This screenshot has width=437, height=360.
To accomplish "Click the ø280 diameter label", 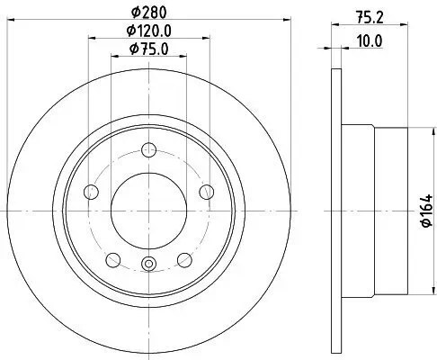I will coord(148,13).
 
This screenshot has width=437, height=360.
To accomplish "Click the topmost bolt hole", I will coord(149,151).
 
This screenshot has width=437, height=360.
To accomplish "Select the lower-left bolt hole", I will coord(113,259).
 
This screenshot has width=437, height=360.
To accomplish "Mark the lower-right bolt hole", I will coord(184,259).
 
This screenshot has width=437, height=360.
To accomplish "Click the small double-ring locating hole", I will coord(149,264).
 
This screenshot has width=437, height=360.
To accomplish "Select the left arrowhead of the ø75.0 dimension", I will coord(113,57).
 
